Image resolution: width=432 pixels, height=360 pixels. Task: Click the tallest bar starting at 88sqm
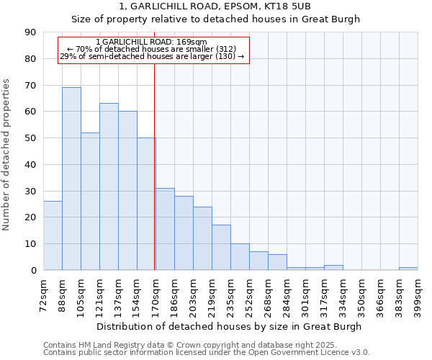click(x=71, y=179)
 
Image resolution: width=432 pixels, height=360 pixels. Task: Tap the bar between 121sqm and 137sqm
click(x=109, y=186)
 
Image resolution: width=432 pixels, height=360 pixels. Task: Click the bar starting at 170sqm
click(x=165, y=229)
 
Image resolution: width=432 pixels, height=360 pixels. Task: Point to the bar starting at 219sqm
click(x=221, y=248)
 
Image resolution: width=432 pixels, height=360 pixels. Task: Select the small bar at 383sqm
click(x=408, y=269)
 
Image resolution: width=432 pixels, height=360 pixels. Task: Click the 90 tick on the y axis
click(x=30, y=32)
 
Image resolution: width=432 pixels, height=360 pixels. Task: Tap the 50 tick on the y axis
click(x=30, y=138)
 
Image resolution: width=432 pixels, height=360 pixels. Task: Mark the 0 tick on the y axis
click(x=33, y=270)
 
